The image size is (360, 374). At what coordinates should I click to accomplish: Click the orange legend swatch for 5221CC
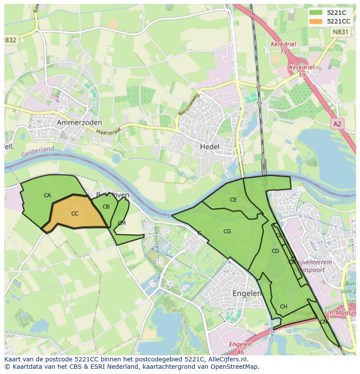click(316, 21)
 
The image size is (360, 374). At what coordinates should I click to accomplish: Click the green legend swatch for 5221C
click(316, 13)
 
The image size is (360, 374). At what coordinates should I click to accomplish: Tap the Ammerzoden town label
click(79, 123)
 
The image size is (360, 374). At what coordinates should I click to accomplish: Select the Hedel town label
click(210, 147)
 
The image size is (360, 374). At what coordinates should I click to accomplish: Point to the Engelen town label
click(247, 293)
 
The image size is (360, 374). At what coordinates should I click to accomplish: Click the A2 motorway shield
click(337, 124)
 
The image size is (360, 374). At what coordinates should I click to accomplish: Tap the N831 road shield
click(339, 32)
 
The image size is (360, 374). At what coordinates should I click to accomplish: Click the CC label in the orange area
click(75, 213)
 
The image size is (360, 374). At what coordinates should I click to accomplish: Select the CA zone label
click(47, 195)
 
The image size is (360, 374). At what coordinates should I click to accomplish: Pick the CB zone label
click(106, 207)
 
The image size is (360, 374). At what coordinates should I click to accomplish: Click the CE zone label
click(233, 200)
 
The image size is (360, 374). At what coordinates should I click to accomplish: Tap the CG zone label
click(227, 232)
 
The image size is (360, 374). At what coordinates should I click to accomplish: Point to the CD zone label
click(275, 251)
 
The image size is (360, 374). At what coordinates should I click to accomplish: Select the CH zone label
click(283, 307)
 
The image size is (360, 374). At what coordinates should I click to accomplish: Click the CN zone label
click(323, 322)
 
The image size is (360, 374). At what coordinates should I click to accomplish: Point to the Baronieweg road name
click(188, 104)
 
